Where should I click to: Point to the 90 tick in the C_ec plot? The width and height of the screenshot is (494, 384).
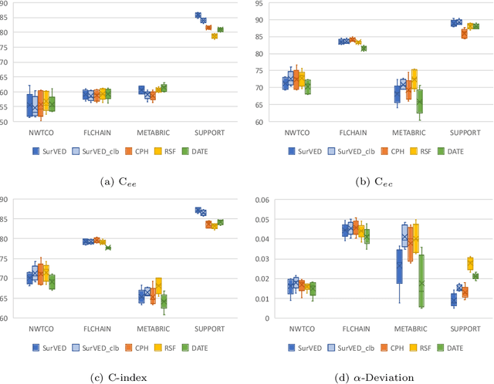259,19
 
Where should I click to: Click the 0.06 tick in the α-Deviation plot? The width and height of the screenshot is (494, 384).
261,200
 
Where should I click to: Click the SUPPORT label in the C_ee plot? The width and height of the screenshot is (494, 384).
209,132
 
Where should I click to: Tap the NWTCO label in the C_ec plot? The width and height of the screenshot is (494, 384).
296,132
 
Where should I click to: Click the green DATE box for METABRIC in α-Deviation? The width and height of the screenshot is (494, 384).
421,282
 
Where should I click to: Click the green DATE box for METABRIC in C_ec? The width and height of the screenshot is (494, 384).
419,101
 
